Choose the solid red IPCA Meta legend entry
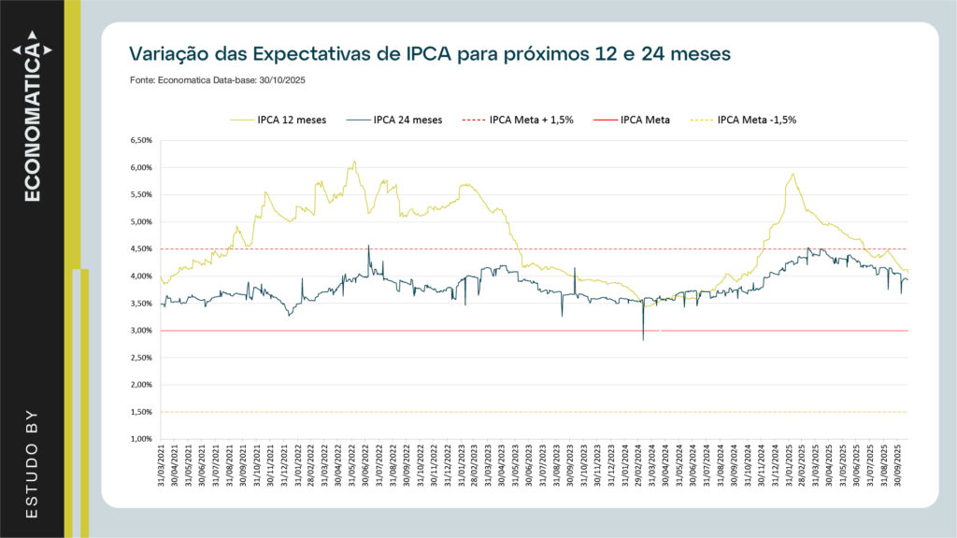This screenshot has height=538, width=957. pyautogui.click(x=644, y=120)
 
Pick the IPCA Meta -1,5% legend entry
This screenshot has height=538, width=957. pyautogui.click(x=756, y=120)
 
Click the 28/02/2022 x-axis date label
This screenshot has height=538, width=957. pyautogui.click(x=311, y=468)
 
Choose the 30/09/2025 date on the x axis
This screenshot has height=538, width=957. pyautogui.click(x=898, y=468)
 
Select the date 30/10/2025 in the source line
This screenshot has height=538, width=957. pyautogui.click(x=282, y=80)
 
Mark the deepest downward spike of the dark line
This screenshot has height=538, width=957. pyautogui.click(x=643, y=339)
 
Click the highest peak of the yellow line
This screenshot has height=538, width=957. pyautogui.click(x=353, y=161)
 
